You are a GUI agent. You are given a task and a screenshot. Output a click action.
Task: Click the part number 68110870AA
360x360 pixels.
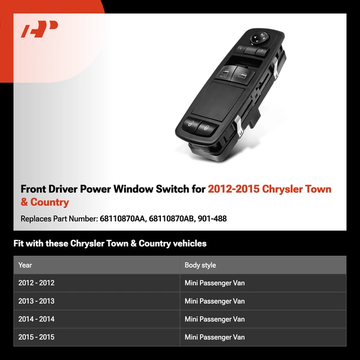click(x=123, y=219)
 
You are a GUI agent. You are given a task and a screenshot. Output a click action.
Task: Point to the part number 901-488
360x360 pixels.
click(x=213, y=219)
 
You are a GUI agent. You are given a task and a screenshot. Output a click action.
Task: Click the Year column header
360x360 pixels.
click(x=25, y=265)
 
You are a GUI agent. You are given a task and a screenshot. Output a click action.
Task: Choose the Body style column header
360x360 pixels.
click(x=200, y=265)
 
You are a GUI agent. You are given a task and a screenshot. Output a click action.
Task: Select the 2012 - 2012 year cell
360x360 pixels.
click(x=37, y=283)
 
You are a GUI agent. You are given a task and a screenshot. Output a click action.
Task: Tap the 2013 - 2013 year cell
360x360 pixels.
click(x=37, y=301)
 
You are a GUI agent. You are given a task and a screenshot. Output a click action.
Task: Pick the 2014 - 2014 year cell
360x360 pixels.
click(x=37, y=319)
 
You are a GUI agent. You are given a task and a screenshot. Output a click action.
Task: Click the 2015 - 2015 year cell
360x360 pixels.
click(x=37, y=337)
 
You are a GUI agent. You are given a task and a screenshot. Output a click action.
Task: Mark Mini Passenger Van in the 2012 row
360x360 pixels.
click(x=215, y=283)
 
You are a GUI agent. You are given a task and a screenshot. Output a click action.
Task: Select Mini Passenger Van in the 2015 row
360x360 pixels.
click(x=215, y=337)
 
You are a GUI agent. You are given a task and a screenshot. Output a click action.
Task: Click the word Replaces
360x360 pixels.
click(x=37, y=219)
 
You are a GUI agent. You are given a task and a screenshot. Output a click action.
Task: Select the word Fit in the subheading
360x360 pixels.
click(x=19, y=244)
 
